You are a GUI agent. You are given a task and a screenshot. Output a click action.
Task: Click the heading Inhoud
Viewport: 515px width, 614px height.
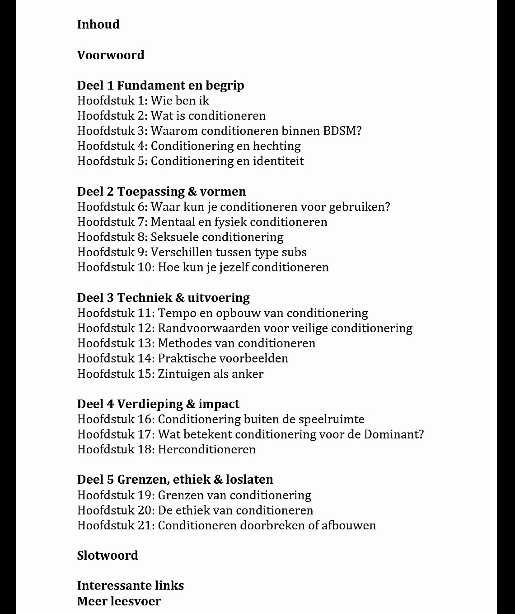[98, 24]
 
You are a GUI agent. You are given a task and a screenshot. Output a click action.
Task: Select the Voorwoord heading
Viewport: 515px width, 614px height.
[111, 55]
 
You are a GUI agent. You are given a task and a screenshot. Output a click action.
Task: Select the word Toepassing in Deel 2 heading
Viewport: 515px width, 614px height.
[151, 191]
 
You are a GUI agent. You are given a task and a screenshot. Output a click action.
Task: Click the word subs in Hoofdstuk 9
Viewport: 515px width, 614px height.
[294, 252]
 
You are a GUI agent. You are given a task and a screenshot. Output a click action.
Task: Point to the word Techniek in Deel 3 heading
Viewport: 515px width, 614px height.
[145, 298]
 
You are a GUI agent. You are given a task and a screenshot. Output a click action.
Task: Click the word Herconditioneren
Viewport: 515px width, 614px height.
[206, 449]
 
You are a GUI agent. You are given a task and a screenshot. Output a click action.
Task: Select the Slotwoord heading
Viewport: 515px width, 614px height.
[108, 556]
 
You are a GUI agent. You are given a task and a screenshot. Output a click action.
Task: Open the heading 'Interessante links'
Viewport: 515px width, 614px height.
[130, 586]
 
